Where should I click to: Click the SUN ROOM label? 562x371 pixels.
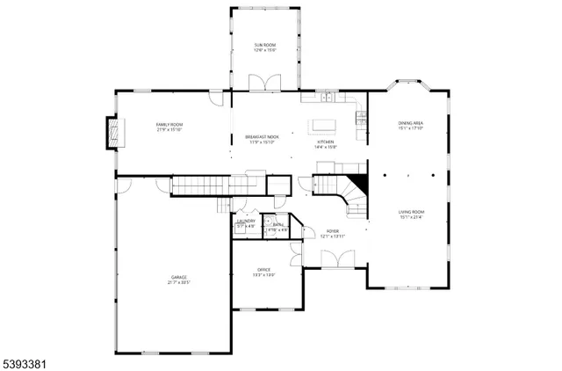click(x=265, y=45)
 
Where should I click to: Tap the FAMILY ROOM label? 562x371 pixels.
click(x=169, y=125)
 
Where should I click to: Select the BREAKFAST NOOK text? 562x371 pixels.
click(x=262, y=137)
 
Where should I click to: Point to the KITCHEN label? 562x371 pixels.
click(x=326, y=142)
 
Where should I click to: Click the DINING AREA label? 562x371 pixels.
click(x=411, y=123)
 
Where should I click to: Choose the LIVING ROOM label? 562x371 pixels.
click(x=411, y=212)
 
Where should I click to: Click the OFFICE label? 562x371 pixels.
click(x=264, y=269)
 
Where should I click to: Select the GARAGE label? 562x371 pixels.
click(x=172, y=278)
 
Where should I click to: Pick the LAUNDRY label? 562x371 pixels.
click(x=246, y=222)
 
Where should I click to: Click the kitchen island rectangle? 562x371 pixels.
click(x=322, y=123)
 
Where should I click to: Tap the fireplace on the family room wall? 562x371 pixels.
click(x=112, y=132)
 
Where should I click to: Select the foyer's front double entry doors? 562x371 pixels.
click(x=333, y=258)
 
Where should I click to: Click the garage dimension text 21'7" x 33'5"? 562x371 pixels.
click(x=172, y=283)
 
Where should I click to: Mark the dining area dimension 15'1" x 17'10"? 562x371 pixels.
click(x=411, y=128)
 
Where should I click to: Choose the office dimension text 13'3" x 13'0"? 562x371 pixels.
click(x=264, y=274)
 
